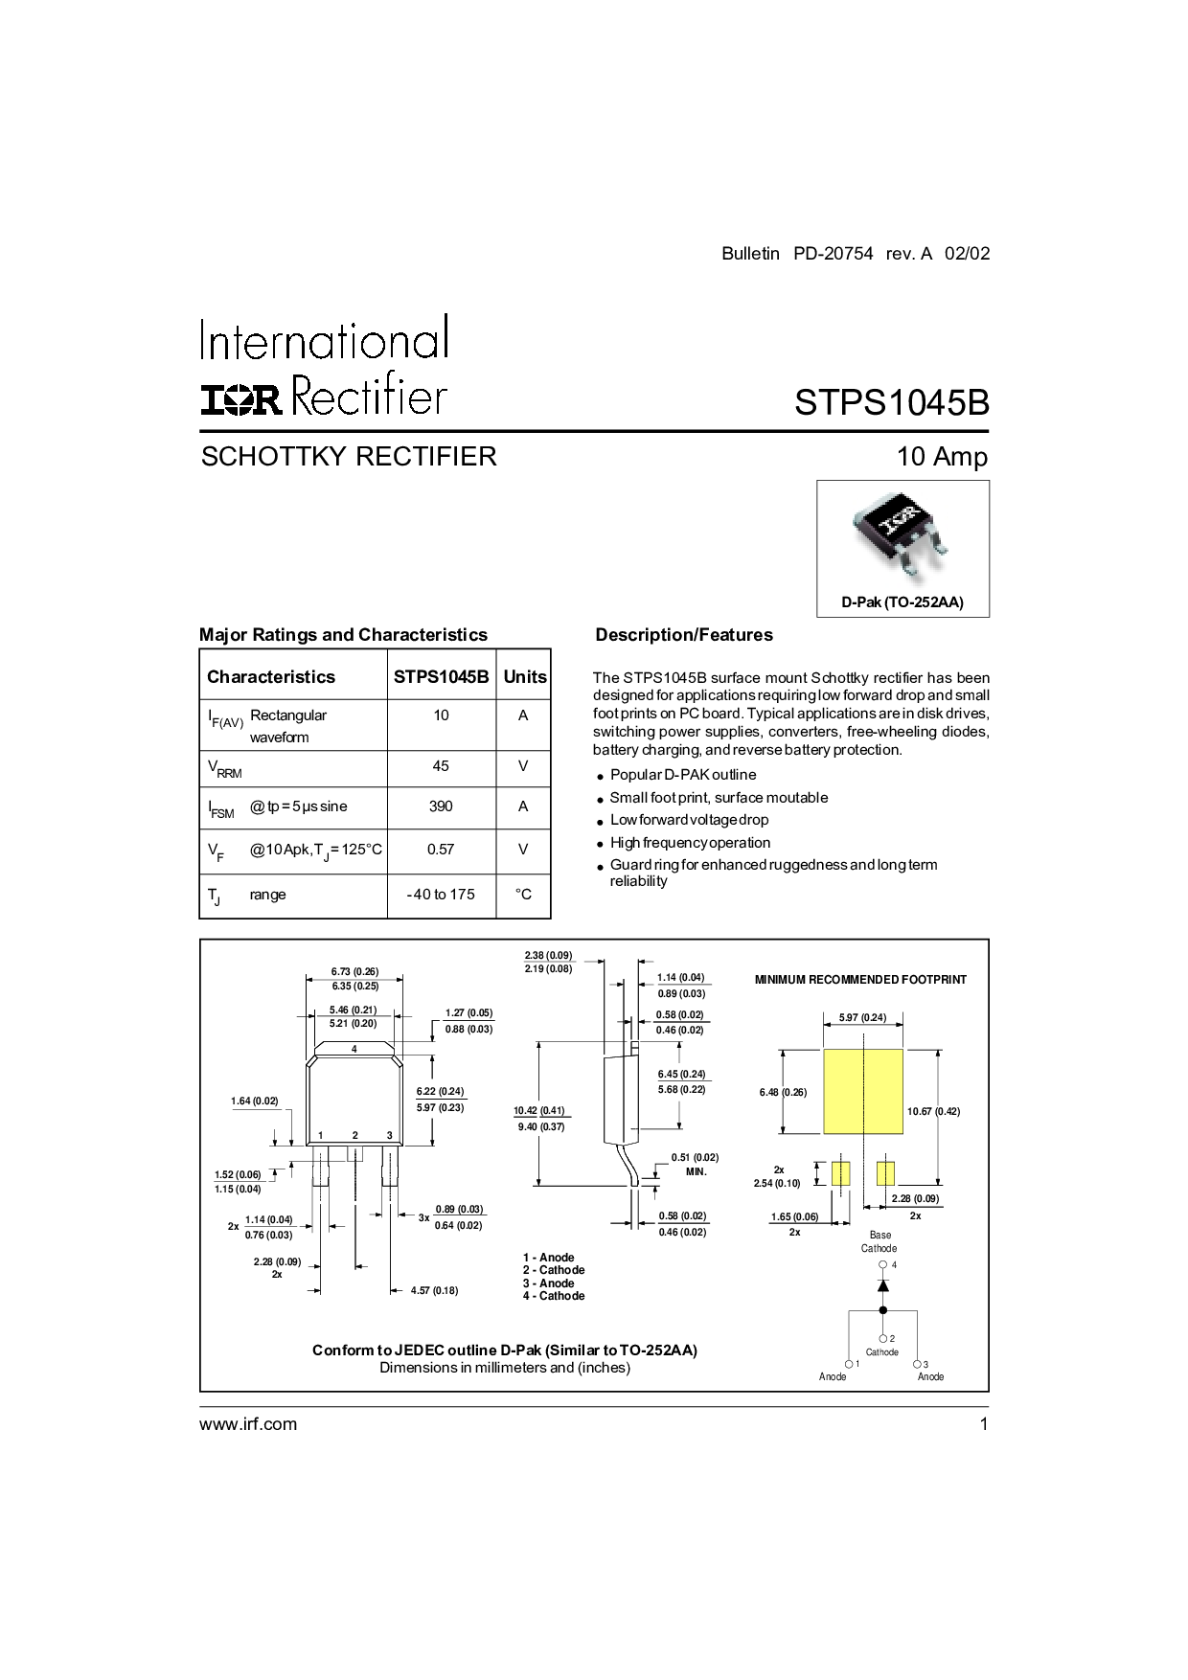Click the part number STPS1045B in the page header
tap(891, 402)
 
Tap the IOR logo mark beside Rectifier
tap(241, 399)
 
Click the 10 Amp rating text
tap(942, 456)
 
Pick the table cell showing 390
tap(441, 806)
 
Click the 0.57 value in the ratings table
tap(441, 850)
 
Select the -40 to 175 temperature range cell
tap(441, 895)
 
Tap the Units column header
tap(525, 676)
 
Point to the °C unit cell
tap(523, 895)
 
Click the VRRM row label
tap(225, 768)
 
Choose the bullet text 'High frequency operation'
tap(690, 843)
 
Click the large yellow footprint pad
tap(863, 1091)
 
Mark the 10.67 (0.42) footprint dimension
tap(933, 1112)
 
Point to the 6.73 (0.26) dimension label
tap(354, 971)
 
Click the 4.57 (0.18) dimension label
tap(434, 1291)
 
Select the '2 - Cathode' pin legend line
tap(554, 1270)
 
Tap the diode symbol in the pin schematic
tap(883, 1285)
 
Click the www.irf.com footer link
tap(248, 1424)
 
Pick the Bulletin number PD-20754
tap(834, 254)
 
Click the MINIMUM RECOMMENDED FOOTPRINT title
tap(860, 980)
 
